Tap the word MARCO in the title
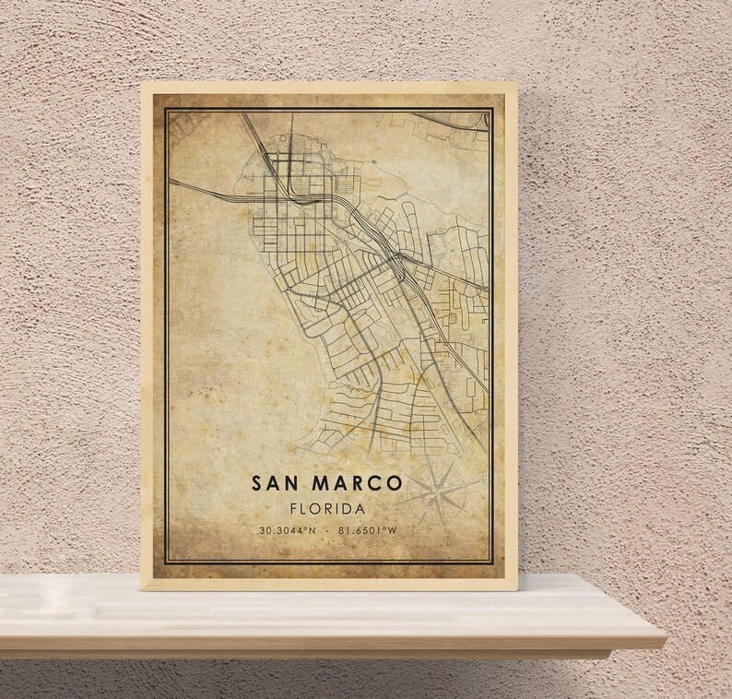[x=357, y=483]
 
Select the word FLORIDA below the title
[x=325, y=509]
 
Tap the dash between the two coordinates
[x=325, y=532]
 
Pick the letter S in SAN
[x=254, y=483]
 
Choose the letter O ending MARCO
[x=395, y=483]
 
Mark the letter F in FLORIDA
[x=291, y=509]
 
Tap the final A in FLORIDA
[x=360, y=509]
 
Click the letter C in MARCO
[x=375, y=483]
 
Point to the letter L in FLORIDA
[x=303, y=509]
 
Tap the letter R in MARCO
[x=357, y=483]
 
